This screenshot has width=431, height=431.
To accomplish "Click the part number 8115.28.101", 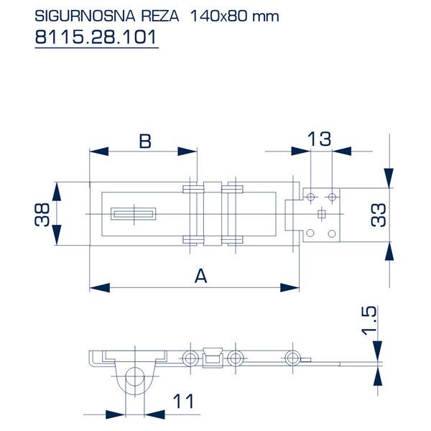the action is [96, 37].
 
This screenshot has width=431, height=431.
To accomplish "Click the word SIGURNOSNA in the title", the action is [85, 16].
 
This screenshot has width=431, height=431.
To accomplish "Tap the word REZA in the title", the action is [160, 16].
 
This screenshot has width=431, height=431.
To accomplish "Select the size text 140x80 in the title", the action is [218, 16].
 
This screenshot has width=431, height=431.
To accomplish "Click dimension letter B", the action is [145, 142].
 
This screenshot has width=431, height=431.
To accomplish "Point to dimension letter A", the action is [200, 276].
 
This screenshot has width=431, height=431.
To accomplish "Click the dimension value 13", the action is [319, 139].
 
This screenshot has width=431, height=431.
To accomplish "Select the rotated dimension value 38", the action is [42, 215].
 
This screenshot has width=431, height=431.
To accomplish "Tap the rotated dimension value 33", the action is [379, 215].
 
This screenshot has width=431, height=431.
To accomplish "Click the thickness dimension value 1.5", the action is [369, 320].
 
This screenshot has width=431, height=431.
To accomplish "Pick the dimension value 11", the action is [183, 402].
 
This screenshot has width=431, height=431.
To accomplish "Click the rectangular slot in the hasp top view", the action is [134, 214].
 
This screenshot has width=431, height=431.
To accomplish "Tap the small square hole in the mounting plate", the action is [321, 213].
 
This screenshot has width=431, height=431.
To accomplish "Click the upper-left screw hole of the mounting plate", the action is [310, 197].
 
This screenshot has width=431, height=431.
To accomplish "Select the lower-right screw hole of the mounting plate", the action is [332, 233].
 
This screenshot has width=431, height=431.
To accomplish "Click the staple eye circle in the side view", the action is [135, 376].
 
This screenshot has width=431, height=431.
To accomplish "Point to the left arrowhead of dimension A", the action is [100, 288].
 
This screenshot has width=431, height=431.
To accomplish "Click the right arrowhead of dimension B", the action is [187, 151].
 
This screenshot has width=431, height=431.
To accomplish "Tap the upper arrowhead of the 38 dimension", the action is [56, 192].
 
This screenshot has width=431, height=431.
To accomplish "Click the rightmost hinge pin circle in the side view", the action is [293, 358].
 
